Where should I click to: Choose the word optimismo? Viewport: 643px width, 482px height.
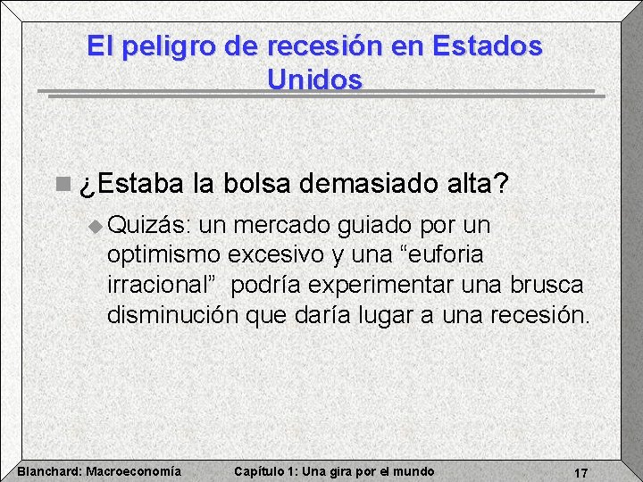[x=164, y=255]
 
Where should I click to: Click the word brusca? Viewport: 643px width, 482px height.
[x=546, y=285]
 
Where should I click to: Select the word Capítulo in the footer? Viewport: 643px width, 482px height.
[x=260, y=471]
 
